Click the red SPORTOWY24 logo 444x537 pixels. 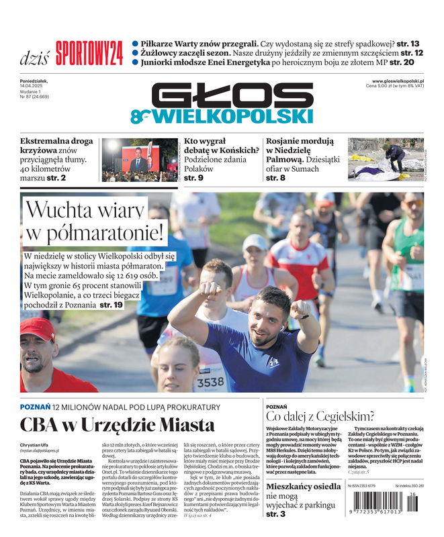pos(89,53)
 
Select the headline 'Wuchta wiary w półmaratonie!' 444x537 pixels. pos(94,222)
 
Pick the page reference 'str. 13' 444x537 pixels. pos(407,43)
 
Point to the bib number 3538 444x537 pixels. pos(210,382)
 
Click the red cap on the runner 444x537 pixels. pos(38,328)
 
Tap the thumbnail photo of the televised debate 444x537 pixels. pos(139,159)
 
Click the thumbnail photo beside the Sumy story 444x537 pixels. pos(385,159)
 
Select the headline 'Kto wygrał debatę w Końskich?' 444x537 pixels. pos(221,146)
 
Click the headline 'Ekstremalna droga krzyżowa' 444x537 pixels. pos(56,146)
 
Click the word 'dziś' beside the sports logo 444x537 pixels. pos(34,56)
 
